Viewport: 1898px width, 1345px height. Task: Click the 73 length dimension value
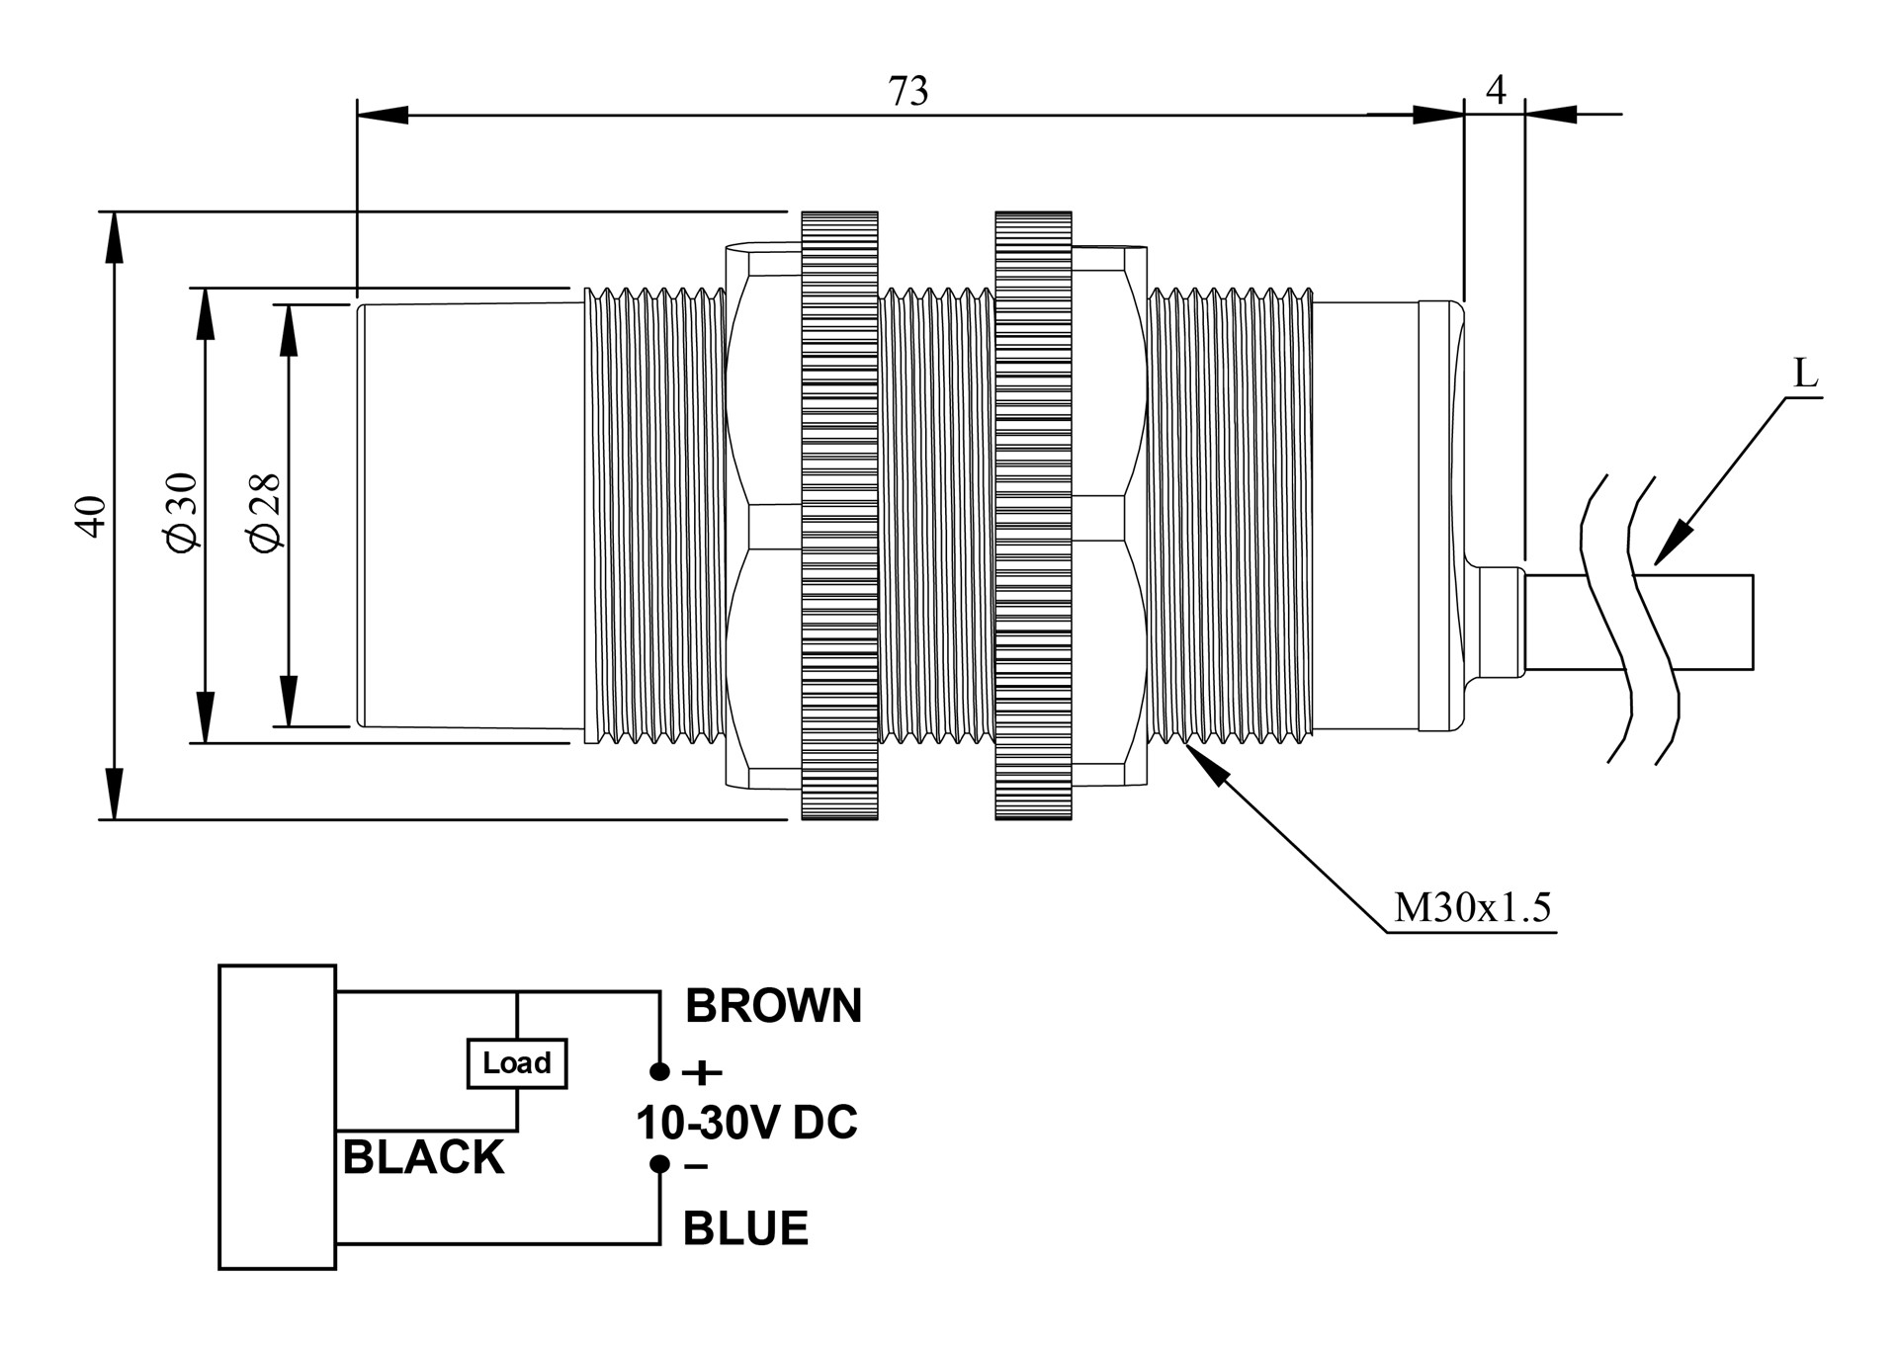click(908, 91)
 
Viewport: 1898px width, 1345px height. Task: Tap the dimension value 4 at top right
click(1496, 90)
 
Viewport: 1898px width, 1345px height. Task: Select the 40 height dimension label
click(91, 516)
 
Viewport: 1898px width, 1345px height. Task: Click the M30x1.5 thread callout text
click(1472, 907)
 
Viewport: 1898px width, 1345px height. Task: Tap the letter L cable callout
click(1805, 375)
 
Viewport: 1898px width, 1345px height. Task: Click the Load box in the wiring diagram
click(516, 1063)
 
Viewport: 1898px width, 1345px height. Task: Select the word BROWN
click(773, 1006)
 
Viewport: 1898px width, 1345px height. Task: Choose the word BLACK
click(423, 1157)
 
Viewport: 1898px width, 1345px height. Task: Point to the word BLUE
click(745, 1228)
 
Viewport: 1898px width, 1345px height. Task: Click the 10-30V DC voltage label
click(746, 1123)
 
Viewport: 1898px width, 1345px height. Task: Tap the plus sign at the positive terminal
click(703, 1072)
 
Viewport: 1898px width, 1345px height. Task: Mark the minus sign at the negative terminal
click(696, 1167)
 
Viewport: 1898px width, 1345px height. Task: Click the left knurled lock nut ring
click(839, 515)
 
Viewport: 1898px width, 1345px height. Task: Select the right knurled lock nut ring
click(1033, 515)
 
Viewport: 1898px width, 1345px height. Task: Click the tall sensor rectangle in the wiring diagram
click(277, 1117)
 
